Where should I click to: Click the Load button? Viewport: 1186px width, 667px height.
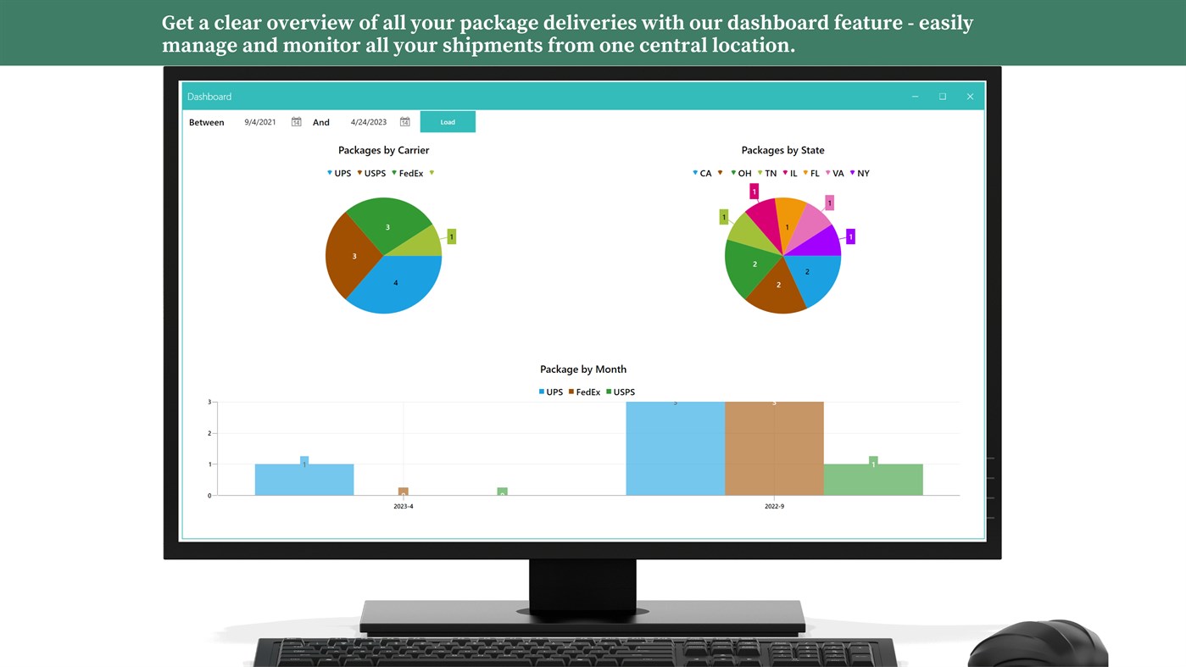(448, 122)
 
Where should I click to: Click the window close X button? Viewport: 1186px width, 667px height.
(970, 97)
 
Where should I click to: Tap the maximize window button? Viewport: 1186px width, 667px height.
(942, 97)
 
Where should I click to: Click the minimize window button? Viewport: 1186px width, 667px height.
(915, 97)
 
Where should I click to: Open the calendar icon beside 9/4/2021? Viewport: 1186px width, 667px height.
(296, 122)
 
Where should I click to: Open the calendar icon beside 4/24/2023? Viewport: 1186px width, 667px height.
(404, 122)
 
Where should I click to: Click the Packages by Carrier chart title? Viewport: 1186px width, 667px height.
(383, 150)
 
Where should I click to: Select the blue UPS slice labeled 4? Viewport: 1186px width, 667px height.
(395, 284)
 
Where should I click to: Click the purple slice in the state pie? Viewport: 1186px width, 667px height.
(821, 243)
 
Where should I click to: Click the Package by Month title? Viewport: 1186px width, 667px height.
(583, 370)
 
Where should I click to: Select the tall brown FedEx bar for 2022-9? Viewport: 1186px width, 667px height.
(774, 448)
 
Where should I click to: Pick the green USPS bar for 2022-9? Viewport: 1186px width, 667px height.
(873, 480)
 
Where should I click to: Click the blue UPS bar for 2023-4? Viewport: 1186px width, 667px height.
(304, 480)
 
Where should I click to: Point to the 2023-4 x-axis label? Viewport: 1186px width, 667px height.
(404, 506)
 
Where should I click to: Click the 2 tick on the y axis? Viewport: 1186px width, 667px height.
(209, 433)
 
